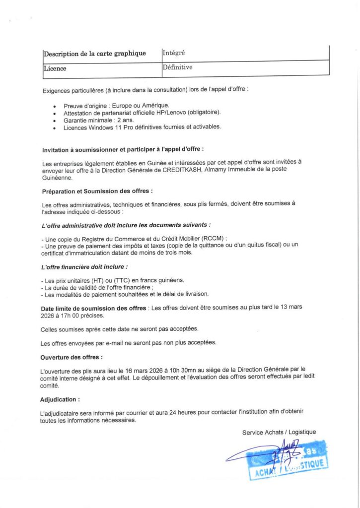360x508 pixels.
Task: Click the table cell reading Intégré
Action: click(x=173, y=52)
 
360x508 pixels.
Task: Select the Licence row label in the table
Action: click(x=55, y=68)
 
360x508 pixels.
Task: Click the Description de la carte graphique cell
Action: click(x=95, y=54)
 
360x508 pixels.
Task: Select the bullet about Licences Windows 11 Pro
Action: click(x=142, y=127)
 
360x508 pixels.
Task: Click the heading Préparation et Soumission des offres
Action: click(x=97, y=190)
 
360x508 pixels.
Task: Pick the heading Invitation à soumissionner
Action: click(x=123, y=148)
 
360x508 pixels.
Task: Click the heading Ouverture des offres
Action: click(x=72, y=357)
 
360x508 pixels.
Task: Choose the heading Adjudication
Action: click(x=60, y=399)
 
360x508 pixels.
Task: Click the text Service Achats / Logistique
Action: click(x=279, y=432)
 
